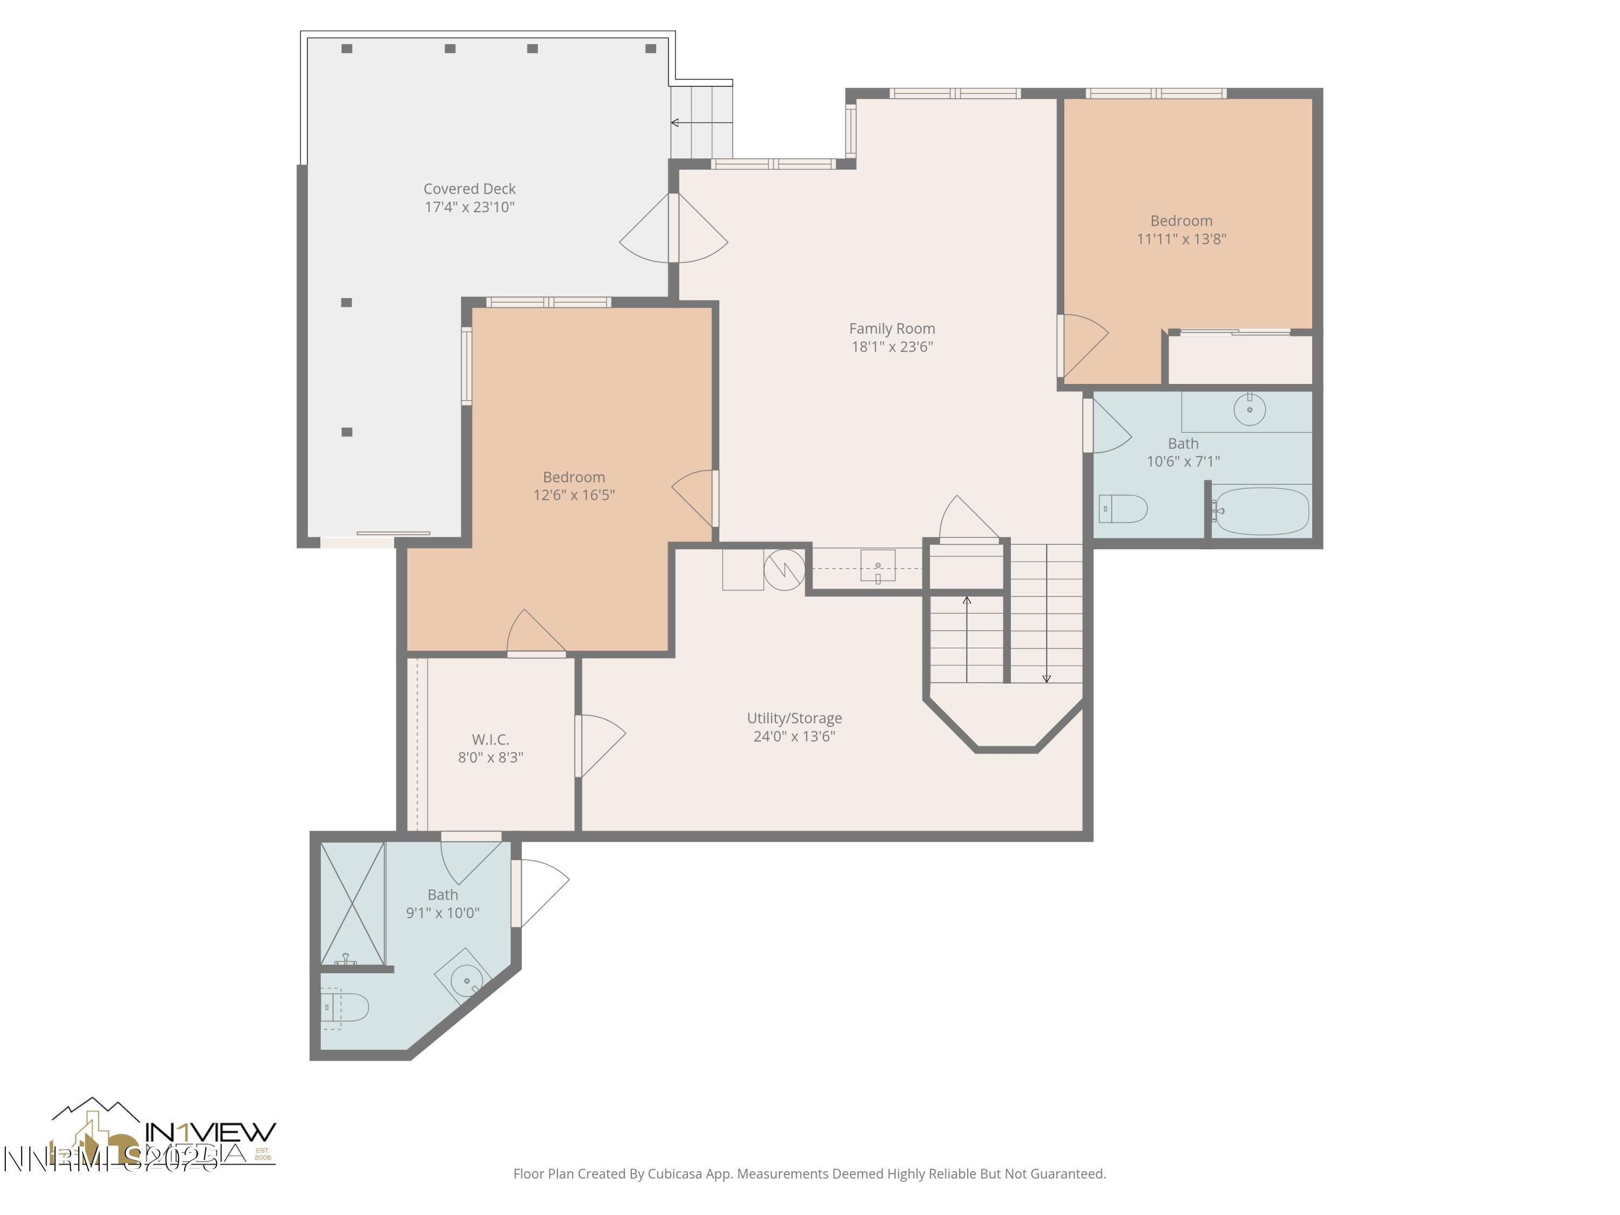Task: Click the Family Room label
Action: (892, 329)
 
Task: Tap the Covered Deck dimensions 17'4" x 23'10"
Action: (469, 207)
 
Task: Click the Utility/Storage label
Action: (794, 718)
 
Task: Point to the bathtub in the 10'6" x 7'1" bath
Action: (1261, 510)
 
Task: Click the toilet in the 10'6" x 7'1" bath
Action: (1123, 508)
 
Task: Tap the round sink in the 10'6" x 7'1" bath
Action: (1250, 409)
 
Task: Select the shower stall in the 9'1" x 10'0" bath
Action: (352, 902)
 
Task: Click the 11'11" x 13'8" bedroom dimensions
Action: (1180, 239)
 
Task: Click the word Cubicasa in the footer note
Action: (674, 1173)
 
